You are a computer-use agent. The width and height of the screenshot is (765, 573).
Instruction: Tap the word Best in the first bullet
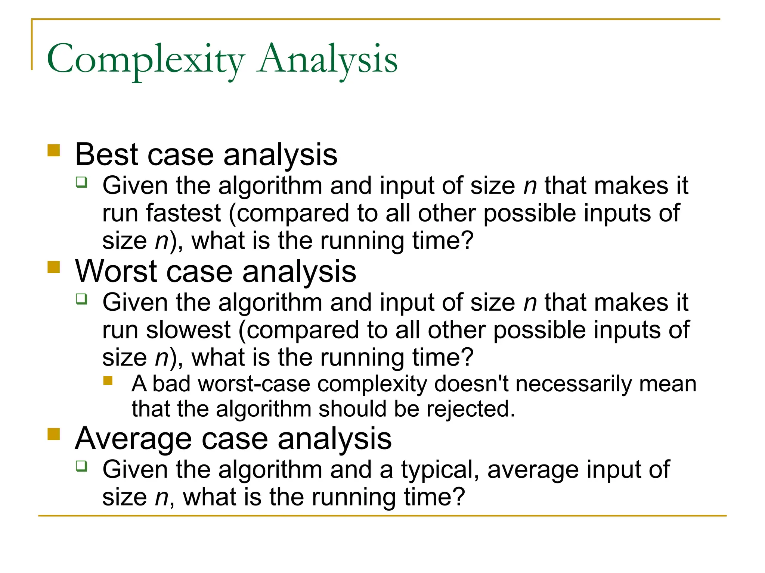pos(107,154)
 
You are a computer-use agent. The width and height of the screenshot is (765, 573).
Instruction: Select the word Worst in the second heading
pos(116,271)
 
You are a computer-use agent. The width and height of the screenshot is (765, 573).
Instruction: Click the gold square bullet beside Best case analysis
pos(54,151)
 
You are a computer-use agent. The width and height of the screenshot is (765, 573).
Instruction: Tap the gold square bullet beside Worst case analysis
pos(54,267)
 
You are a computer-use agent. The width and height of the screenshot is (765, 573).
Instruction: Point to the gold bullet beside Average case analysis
pos(54,434)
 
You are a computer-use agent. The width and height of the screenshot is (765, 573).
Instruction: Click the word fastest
pos(183,213)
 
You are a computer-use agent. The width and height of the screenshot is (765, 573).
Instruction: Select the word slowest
pos(188,330)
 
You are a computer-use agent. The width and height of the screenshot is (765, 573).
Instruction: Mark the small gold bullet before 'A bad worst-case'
pos(108,381)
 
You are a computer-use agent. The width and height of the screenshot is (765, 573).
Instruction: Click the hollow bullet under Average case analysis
pos(81,466)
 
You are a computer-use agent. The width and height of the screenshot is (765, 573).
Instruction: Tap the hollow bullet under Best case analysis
pos(81,182)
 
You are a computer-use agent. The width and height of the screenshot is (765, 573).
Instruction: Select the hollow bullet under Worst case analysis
pos(81,299)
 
